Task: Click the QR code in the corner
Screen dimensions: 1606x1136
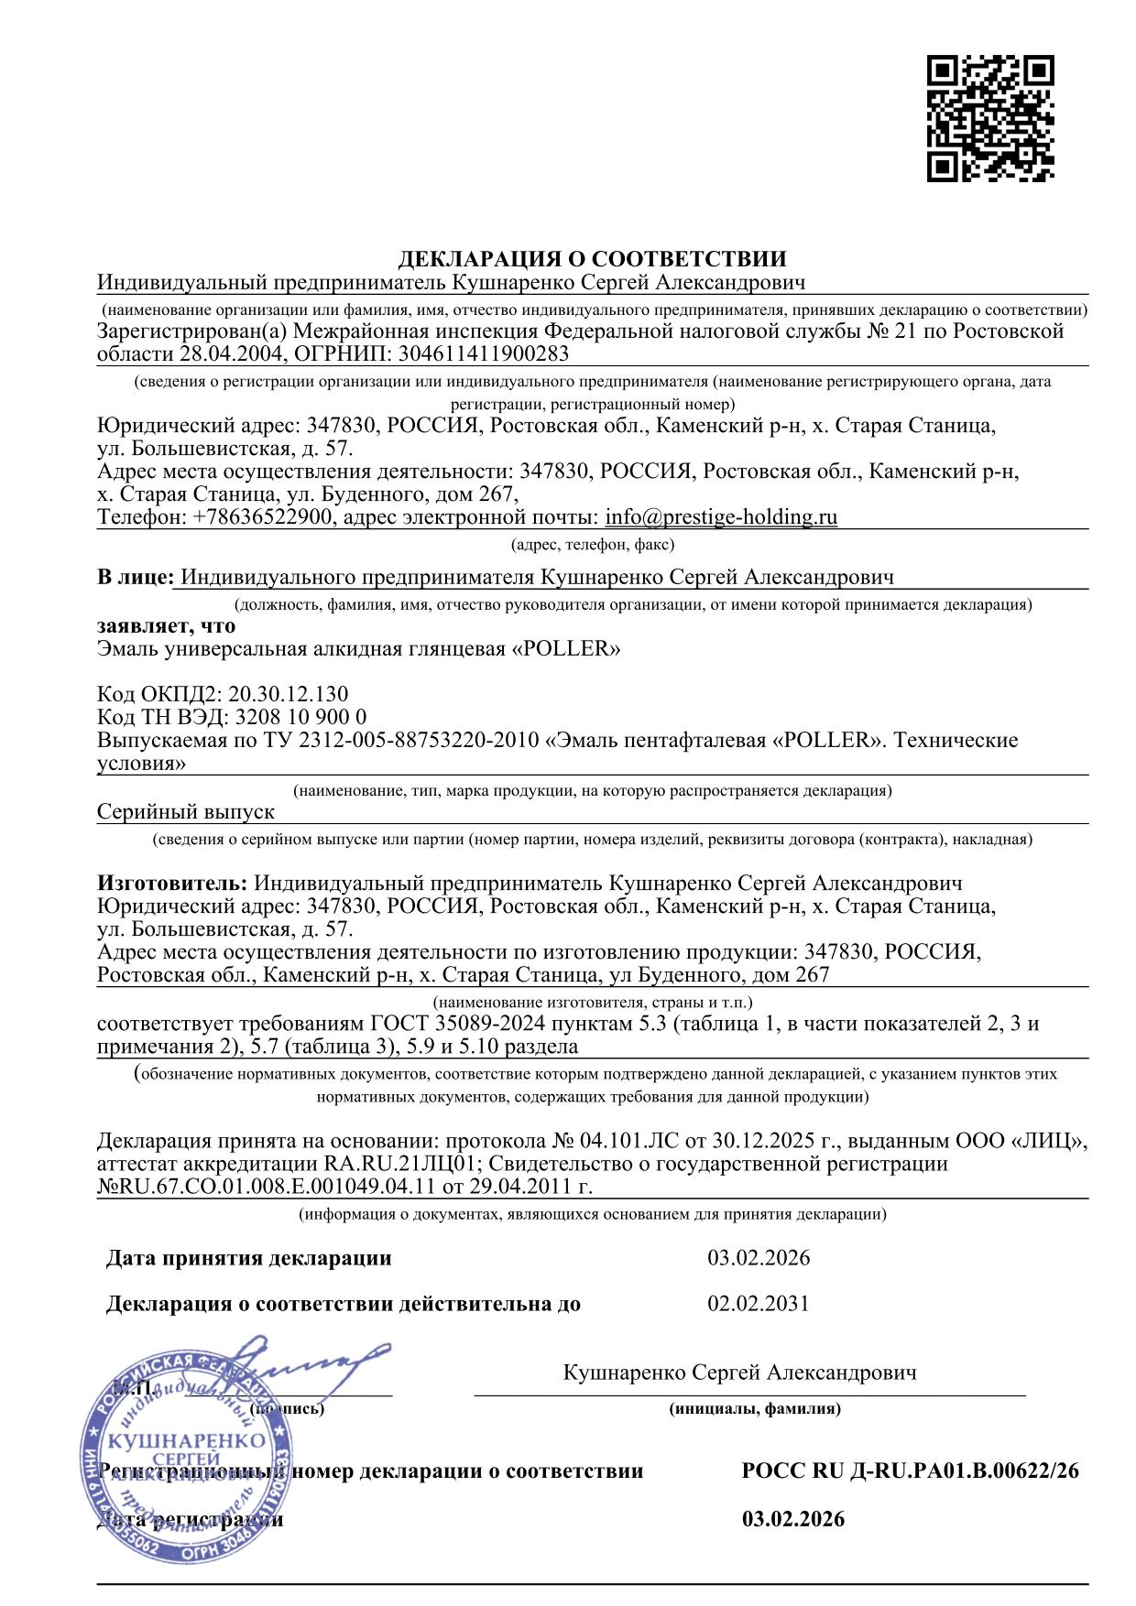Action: (x=990, y=119)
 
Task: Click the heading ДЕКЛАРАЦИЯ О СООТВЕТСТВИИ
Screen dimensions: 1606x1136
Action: (x=592, y=258)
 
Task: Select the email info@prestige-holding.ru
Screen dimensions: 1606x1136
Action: (x=721, y=517)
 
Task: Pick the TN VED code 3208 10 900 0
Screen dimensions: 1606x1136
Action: (x=300, y=717)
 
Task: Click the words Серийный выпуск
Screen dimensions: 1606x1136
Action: (x=186, y=811)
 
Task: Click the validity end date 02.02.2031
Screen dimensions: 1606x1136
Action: (x=759, y=1304)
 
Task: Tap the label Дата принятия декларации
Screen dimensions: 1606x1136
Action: (x=249, y=1258)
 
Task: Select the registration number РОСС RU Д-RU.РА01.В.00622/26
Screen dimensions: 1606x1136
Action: (x=910, y=1471)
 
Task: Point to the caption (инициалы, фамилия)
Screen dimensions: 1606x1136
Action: (x=755, y=1409)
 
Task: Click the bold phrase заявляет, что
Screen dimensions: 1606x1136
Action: (x=166, y=626)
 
